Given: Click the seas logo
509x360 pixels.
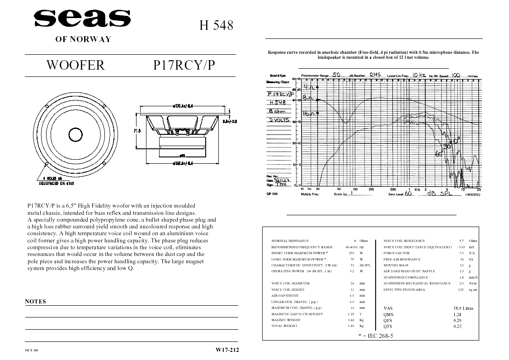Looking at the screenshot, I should pos(82,19).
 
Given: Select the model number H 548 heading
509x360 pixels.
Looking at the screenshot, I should pos(217,25).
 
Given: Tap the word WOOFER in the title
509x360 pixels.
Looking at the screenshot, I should pos(75,66).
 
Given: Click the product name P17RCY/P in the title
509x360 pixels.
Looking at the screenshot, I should pos(184,66).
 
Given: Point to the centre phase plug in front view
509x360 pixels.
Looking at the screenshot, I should pos(75,134).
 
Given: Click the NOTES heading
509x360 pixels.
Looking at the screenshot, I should pos(35,302).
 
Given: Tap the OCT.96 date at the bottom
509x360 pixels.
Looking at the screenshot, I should pos(32,351).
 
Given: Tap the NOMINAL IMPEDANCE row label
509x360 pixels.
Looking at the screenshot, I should pos(290,241).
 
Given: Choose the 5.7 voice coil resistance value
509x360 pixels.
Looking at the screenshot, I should pos(461,241).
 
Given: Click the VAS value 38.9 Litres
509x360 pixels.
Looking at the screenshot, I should pos(463,308).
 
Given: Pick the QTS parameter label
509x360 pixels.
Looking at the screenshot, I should pos(388,326).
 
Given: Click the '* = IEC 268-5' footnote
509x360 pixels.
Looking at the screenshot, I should pos(376,336).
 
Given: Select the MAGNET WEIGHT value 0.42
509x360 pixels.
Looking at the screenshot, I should pos(351,320).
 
